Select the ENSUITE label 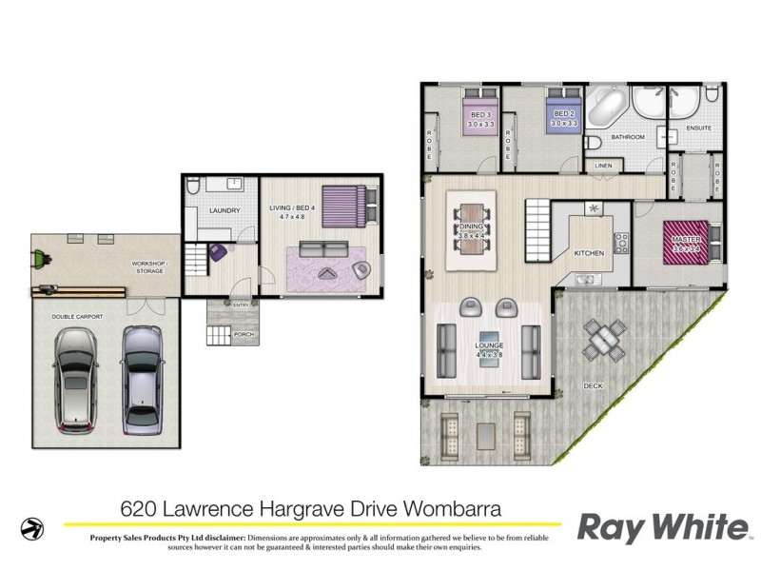coord(699,127)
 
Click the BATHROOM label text coord(628,138)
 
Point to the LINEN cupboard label coord(604,165)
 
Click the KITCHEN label coord(590,253)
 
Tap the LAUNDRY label coord(224,210)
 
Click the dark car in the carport coord(73,378)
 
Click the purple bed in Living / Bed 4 coord(343,202)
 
